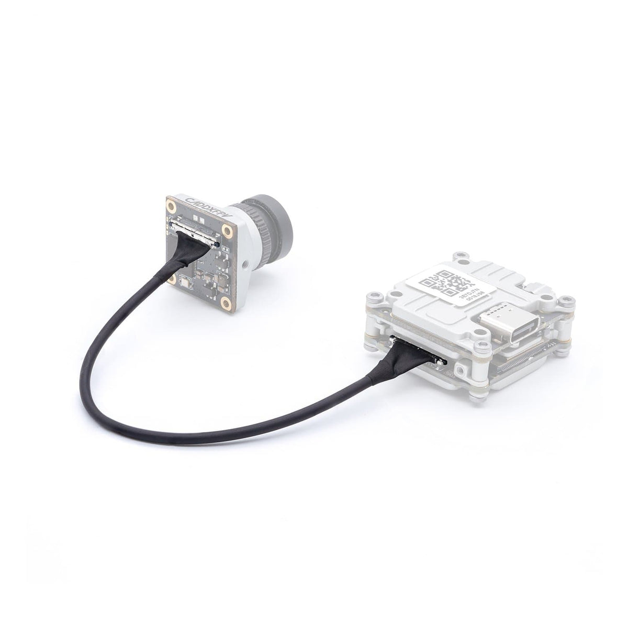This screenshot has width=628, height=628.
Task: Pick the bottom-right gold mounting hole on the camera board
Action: coord(225,301)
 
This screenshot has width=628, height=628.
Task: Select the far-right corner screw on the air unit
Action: coord(564,302)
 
